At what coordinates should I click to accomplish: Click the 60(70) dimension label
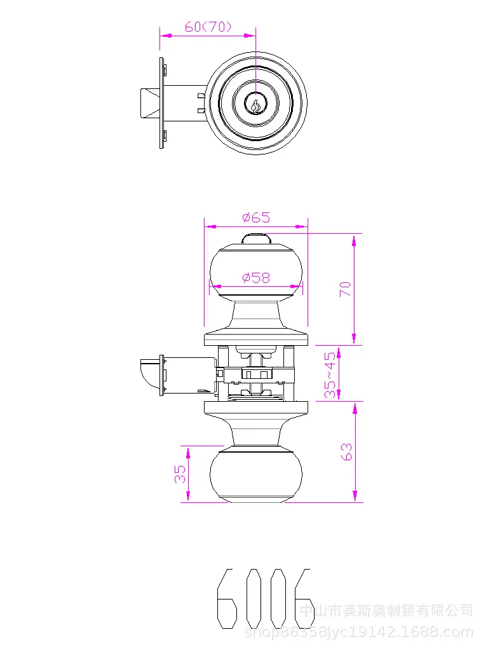point(208,27)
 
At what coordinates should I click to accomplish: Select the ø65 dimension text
point(256,217)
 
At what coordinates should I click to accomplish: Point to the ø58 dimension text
point(256,277)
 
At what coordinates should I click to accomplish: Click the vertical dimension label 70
point(345,289)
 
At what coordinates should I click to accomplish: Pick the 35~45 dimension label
point(330,375)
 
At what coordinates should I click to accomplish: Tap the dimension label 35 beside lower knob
point(180,474)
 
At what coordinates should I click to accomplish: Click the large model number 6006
point(264,599)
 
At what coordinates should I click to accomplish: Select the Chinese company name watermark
point(386,611)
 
